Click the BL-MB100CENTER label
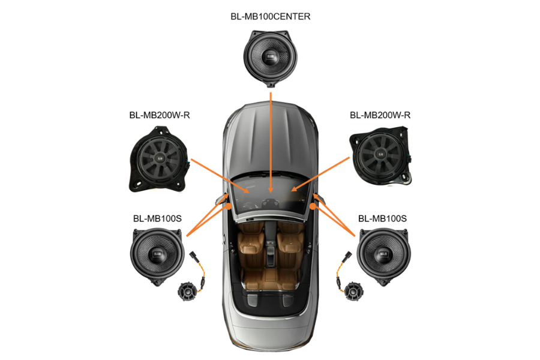(x=270, y=17)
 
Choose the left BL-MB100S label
(x=157, y=219)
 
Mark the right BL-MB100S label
(x=382, y=219)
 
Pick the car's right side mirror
(x=317, y=198)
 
